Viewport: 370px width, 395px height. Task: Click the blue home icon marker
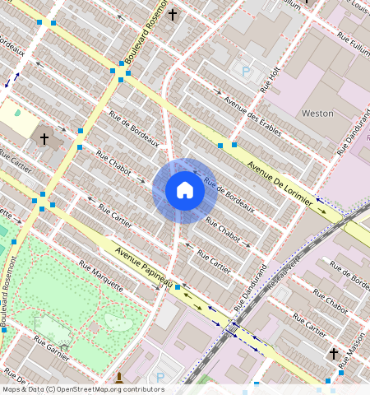pos(185,190)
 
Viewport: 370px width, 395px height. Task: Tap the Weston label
pos(318,113)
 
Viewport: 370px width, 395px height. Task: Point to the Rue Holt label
pos(271,79)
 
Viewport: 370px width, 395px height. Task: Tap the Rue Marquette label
pos(100,276)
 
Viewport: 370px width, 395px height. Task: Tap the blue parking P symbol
pos(246,72)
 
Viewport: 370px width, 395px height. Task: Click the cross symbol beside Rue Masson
pos(333,354)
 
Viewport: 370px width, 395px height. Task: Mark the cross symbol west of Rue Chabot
pos(44,139)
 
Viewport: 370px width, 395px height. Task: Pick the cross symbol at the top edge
pos(173,14)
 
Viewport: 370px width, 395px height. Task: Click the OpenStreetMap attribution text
pos(83,389)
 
